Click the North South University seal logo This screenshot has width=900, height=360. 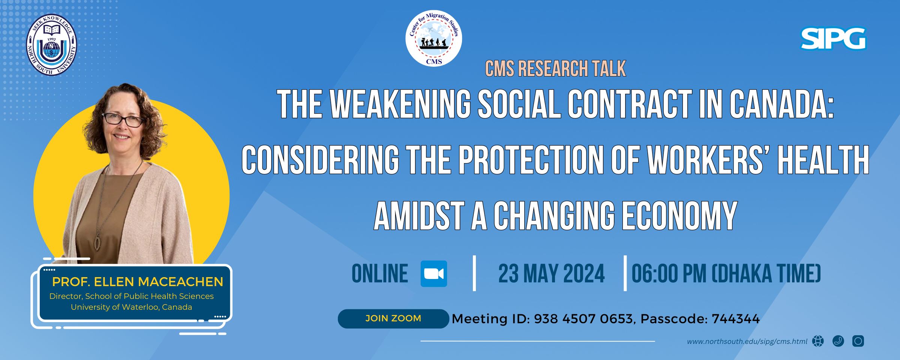[51, 45]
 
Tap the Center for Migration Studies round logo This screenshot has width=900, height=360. [434, 39]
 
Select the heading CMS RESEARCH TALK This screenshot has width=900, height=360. [555, 69]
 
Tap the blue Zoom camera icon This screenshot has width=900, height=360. [434, 274]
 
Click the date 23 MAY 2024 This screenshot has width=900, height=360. [551, 274]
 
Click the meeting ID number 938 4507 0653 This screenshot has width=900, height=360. [583, 319]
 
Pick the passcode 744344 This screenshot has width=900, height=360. [735, 319]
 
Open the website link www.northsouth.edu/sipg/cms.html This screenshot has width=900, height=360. [747, 342]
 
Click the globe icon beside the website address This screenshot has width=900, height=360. [818, 341]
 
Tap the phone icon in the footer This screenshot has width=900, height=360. [838, 341]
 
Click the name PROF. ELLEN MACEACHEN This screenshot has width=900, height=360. [138, 282]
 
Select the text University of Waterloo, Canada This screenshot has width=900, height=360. [131, 307]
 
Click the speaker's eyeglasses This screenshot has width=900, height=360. [123, 120]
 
